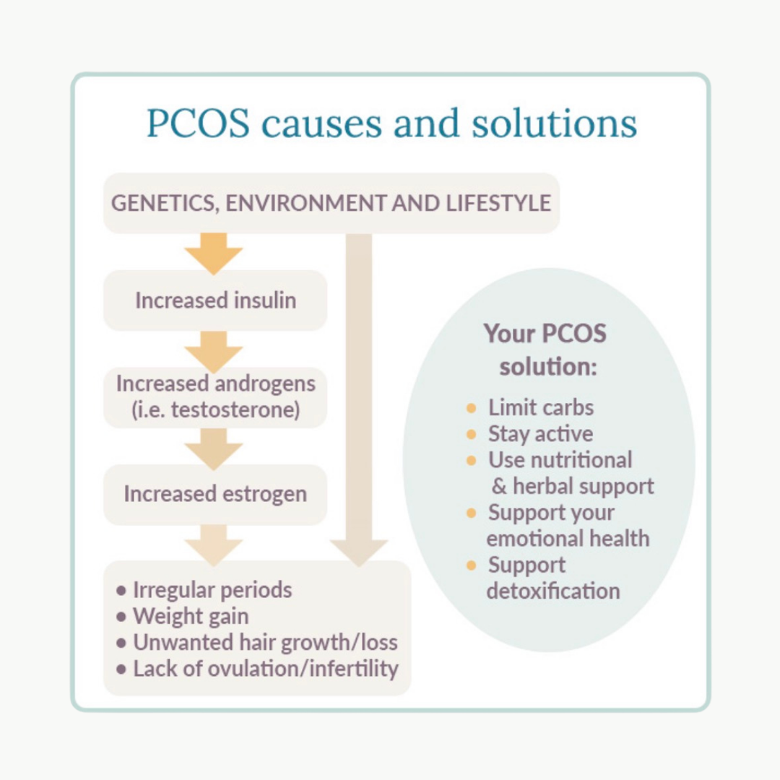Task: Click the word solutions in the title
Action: (555, 123)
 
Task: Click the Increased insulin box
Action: (215, 300)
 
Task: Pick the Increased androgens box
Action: (215, 396)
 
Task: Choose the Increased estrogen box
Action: (215, 494)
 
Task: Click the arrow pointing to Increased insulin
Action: (214, 252)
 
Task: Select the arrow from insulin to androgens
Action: (214, 351)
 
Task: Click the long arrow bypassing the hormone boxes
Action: (359, 397)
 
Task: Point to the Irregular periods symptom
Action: (212, 590)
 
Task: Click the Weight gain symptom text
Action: (191, 617)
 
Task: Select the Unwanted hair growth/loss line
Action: (265, 643)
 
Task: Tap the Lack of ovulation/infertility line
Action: (265, 669)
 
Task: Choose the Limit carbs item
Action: (540, 407)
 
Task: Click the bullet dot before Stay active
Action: (472, 434)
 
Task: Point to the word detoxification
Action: (552, 591)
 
